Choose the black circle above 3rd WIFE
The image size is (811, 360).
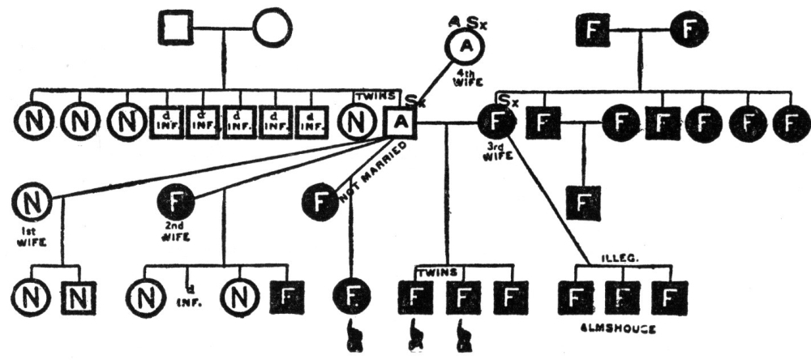pos(496,123)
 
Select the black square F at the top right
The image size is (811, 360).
pos(592,32)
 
